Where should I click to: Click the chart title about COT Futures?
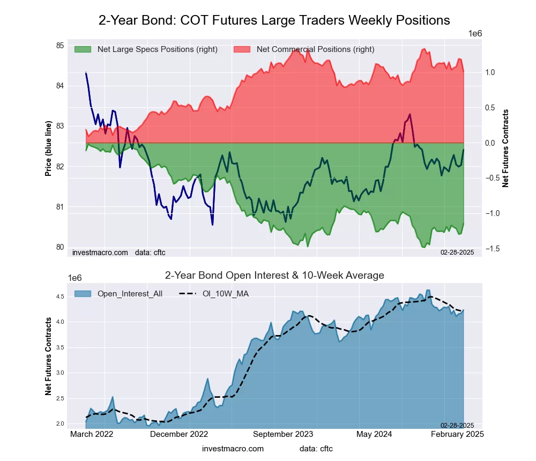pos(274,20)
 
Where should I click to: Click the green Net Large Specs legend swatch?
pos(83,49)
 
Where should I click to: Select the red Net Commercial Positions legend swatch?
pos(242,49)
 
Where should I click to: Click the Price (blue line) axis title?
pos(49,148)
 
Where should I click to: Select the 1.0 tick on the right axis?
pos(490,72)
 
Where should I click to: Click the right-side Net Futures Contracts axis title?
pos(505,148)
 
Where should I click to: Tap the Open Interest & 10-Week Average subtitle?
pos(274,276)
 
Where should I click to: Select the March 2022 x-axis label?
pos(92,435)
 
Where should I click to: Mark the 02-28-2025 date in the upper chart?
pos(457,252)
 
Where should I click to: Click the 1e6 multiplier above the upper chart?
pos(475,34)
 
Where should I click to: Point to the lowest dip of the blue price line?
pos(212,225)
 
